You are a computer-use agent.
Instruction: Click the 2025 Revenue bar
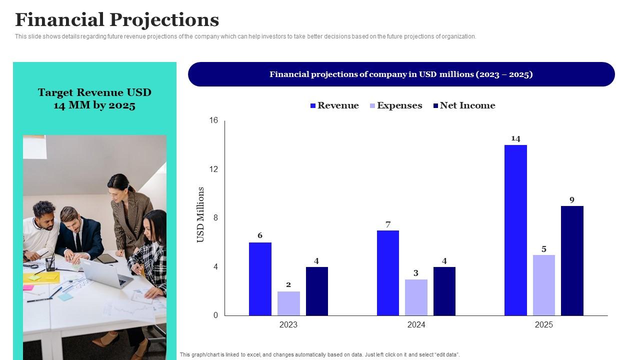click(x=515, y=230)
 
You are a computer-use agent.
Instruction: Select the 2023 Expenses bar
click(x=288, y=303)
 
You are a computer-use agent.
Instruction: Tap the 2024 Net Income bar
click(x=444, y=291)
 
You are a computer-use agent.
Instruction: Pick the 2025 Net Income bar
click(x=572, y=260)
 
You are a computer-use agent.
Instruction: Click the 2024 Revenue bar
click(x=388, y=272)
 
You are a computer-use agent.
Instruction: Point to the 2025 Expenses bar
click(x=543, y=285)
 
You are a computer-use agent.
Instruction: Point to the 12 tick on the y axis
click(x=214, y=169)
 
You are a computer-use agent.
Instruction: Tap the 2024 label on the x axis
click(x=416, y=324)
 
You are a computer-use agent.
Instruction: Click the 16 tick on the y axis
click(x=214, y=120)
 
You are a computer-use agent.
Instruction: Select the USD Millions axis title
click(x=201, y=214)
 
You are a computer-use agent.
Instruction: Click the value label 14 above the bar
click(x=515, y=138)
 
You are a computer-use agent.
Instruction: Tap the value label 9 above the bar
click(x=572, y=200)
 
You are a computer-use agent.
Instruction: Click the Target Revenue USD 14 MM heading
click(x=94, y=98)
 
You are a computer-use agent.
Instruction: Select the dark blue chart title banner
click(x=401, y=74)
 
